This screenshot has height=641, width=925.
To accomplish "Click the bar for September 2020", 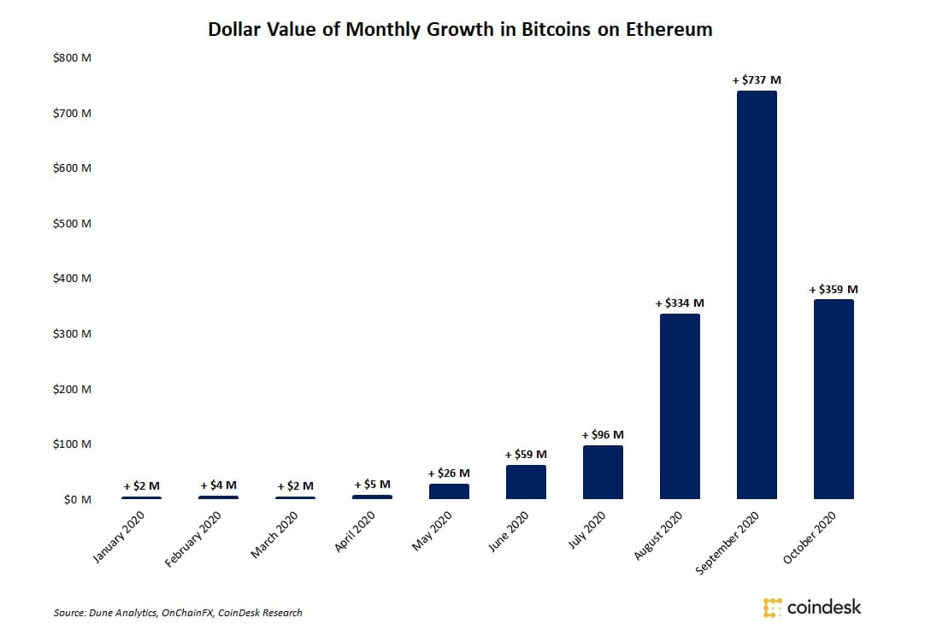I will [757, 295].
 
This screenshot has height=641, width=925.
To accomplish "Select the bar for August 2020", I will [680, 406].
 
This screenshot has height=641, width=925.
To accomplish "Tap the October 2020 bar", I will [834, 399].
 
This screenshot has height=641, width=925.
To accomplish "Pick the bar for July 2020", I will [603, 472].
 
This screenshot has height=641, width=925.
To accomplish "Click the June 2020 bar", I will [526, 482].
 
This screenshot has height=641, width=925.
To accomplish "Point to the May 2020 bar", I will [449, 491].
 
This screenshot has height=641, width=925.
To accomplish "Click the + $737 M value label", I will [757, 80].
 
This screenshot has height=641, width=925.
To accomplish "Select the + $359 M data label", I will [834, 290].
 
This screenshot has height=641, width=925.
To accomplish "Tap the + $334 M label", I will [680, 303].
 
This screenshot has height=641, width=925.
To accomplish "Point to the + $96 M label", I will [603, 435].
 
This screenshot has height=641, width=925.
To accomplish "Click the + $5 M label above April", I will [372, 485].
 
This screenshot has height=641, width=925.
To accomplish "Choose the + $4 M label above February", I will [218, 485].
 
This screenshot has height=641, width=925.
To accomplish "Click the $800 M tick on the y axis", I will [72, 58].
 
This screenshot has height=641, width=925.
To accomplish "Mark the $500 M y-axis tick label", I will [72, 224].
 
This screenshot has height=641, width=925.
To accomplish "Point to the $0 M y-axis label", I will [77, 500].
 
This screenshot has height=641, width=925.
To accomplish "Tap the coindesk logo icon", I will [772, 608].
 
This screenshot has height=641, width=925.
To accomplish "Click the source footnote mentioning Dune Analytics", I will [178, 613].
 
